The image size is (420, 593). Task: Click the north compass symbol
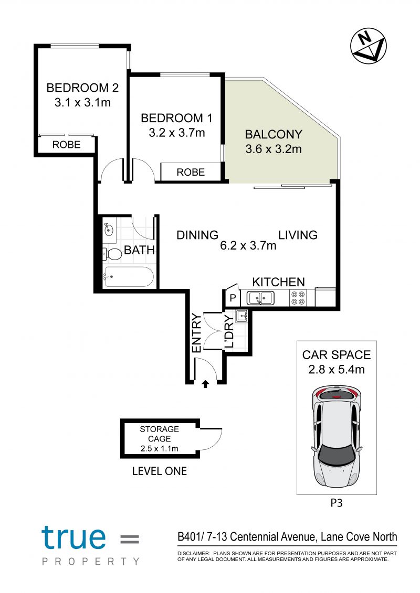(368, 46)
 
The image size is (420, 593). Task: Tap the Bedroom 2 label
(82, 88)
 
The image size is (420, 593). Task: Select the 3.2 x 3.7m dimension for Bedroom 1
(176, 133)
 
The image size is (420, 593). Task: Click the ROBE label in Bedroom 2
(66, 145)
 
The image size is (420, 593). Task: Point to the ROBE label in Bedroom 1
(191, 172)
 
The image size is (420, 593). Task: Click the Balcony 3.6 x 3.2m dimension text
(274, 148)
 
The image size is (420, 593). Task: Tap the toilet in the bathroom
(112, 254)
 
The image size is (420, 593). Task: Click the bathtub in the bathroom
(129, 277)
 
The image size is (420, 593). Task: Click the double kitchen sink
(260, 298)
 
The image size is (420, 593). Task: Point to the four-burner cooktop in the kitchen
(298, 298)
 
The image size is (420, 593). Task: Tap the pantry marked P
(233, 298)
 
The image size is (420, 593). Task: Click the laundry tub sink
(241, 316)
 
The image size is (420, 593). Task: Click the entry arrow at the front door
(205, 385)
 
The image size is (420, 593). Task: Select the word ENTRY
(197, 333)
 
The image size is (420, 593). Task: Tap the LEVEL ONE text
(160, 471)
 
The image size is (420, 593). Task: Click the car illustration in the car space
(337, 436)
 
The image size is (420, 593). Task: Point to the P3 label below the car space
(337, 503)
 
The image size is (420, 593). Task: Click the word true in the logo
(73, 537)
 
